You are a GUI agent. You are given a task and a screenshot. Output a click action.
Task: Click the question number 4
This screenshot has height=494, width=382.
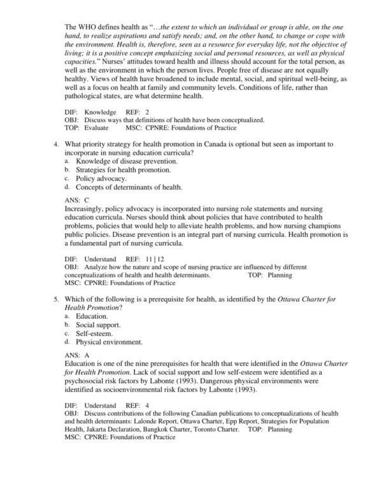[56, 145]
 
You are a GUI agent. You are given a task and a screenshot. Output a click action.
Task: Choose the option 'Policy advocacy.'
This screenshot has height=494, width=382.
[97, 179]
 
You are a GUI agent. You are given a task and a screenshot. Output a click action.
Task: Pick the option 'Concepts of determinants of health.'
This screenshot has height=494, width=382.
[129, 188]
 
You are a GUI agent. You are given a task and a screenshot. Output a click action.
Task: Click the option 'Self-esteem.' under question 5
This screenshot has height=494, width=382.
[95, 333]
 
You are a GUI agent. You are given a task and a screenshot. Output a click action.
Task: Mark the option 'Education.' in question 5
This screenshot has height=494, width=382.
[92, 316]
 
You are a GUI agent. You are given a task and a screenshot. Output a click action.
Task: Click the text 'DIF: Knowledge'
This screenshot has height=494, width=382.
[90, 112]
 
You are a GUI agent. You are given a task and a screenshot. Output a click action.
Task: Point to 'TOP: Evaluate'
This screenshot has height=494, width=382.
[89, 127]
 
